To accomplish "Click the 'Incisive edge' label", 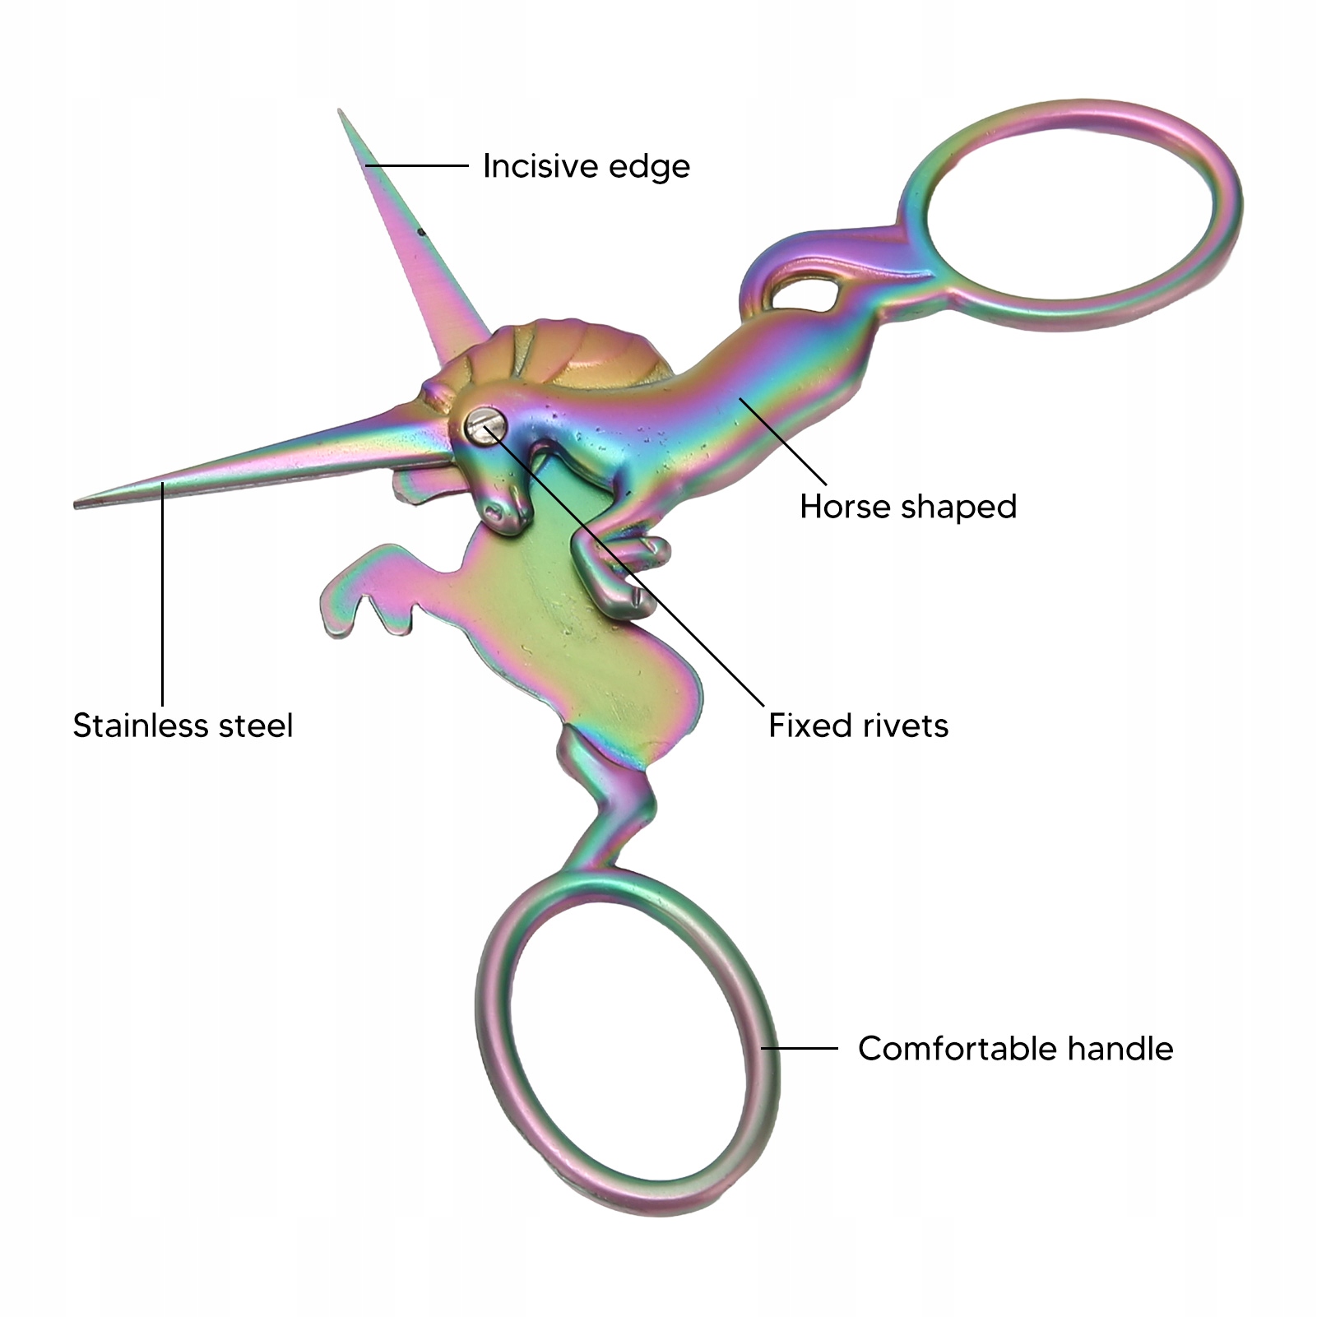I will pos(586,166).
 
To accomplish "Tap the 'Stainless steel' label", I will pos(183,726).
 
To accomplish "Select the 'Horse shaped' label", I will pos(908,507).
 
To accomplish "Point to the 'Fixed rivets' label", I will pos(858,726).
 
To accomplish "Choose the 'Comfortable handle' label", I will pos(1015,1049).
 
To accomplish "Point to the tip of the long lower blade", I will pos(79,503).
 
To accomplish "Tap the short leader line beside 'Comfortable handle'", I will pos(800,1048).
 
